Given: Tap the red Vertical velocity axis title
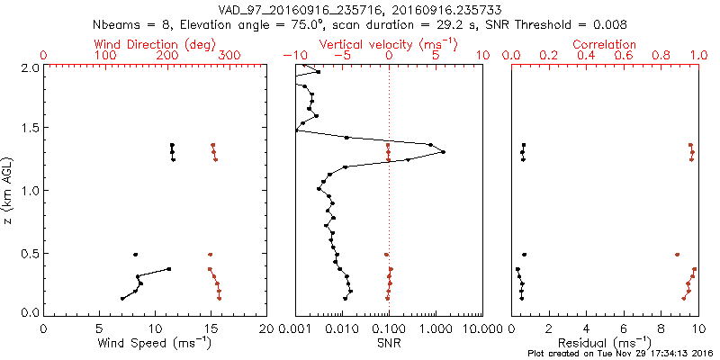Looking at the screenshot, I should (388, 44).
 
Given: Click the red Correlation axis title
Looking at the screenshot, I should (604, 44).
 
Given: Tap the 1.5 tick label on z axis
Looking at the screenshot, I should (29, 129).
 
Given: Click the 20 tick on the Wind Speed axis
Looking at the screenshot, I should (266, 327).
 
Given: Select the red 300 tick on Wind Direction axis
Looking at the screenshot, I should (229, 56).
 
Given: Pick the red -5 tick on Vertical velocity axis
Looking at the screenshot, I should (338, 56).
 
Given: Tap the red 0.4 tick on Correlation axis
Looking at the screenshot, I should (586, 56).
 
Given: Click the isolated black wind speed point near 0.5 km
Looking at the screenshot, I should (136, 255).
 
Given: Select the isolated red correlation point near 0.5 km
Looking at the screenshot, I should (677, 255).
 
